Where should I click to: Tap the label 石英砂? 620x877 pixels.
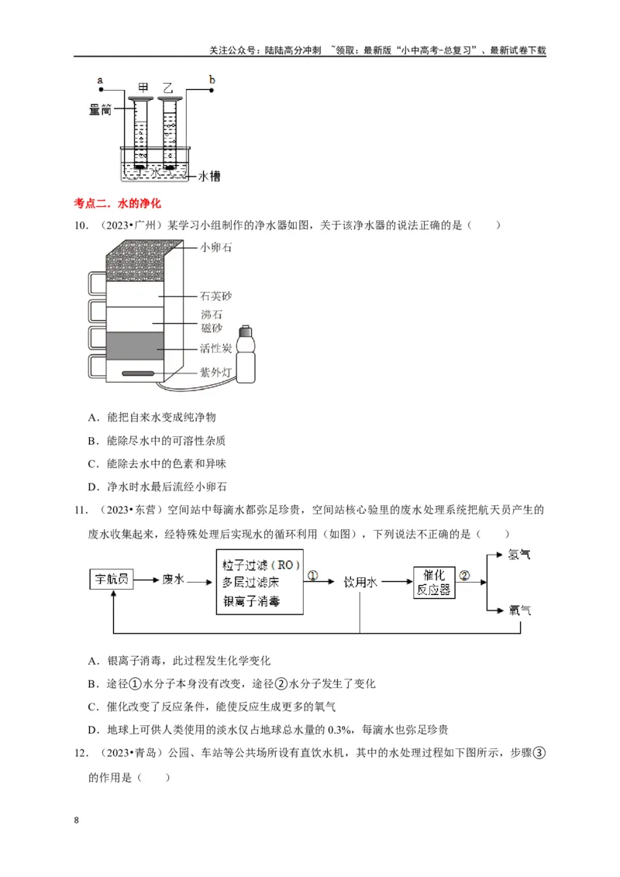(x=215, y=296)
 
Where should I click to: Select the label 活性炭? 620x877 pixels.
(x=215, y=349)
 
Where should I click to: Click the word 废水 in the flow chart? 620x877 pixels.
(x=173, y=579)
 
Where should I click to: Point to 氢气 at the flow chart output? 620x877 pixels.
(x=518, y=555)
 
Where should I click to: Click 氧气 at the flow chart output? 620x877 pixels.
(x=518, y=610)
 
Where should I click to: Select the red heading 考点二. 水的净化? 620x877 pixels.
(x=116, y=204)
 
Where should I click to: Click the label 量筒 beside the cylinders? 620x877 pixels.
(x=101, y=111)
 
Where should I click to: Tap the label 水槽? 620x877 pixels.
(x=209, y=177)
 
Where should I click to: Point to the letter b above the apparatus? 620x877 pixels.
(x=212, y=79)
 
